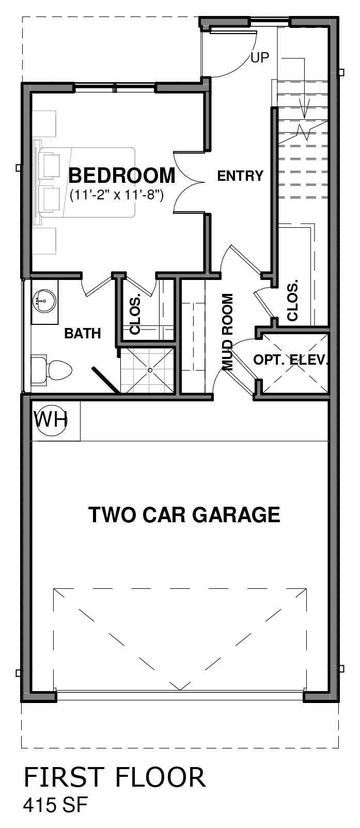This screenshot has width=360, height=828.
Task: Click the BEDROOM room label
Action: point(121,176)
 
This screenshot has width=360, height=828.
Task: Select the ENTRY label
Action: point(240,176)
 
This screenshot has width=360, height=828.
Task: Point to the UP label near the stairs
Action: point(260,57)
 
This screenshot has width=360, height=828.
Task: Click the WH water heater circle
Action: point(51,420)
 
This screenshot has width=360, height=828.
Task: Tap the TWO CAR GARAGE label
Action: point(184,514)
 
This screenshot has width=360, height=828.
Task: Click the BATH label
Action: point(83,333)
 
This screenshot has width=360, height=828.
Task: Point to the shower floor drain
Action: point(150,370)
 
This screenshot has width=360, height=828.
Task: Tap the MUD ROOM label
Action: point(228,332)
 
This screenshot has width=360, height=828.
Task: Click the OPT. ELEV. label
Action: point(290,360)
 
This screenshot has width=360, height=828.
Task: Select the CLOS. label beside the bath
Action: point(135,314)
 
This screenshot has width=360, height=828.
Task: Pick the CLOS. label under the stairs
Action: point(292,301)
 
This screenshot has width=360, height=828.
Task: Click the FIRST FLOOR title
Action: point(114,777)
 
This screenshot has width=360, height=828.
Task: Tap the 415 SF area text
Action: point(55,805)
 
